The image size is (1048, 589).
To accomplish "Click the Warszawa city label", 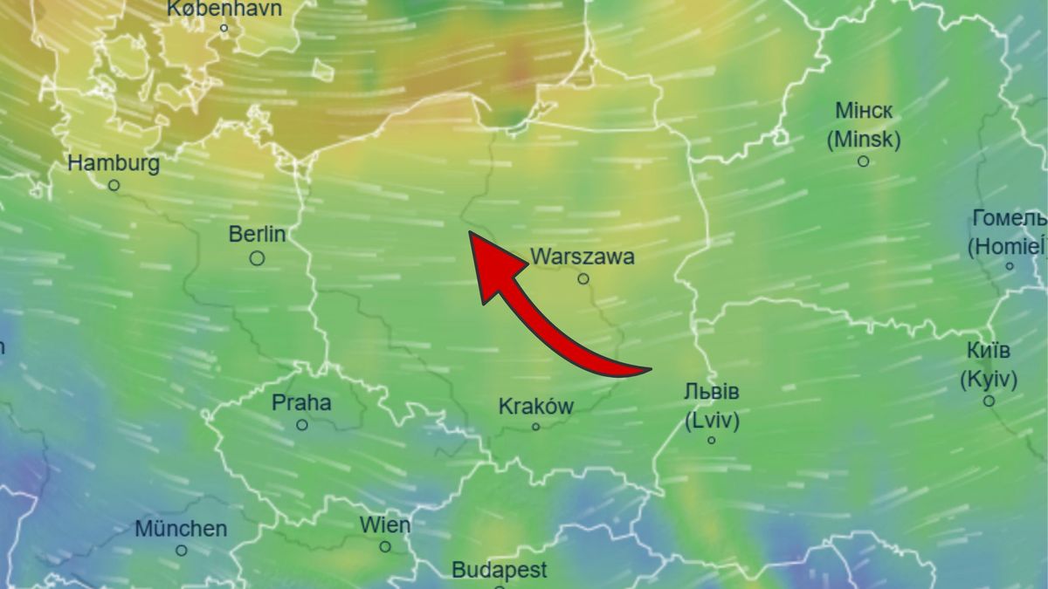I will [583, 257].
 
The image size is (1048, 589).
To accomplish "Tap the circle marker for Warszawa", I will [583, 279].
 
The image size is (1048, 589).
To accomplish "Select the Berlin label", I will [257, 234].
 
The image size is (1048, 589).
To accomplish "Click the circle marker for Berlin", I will [257, 258].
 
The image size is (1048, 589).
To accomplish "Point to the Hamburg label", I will [114, 163].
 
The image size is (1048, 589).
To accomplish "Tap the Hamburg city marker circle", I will [114, 185].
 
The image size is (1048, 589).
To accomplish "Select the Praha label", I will [301, 402].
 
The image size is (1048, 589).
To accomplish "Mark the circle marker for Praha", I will [302, 425].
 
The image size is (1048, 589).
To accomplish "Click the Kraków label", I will [536, 406].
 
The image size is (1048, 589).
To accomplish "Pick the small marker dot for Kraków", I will [536, 427].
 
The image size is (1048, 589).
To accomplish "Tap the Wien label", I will [385, 524].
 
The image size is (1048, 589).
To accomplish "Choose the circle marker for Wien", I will [385, 547].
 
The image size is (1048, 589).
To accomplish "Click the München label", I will [181, 529].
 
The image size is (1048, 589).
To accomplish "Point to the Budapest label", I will [500, 571].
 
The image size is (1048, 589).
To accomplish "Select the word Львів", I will [712, 392].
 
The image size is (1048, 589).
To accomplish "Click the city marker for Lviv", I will [712, 440].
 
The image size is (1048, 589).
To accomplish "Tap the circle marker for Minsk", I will [864, 161].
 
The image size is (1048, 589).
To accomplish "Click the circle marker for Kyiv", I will [989, 401].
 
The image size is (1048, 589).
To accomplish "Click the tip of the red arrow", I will [470, 232].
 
